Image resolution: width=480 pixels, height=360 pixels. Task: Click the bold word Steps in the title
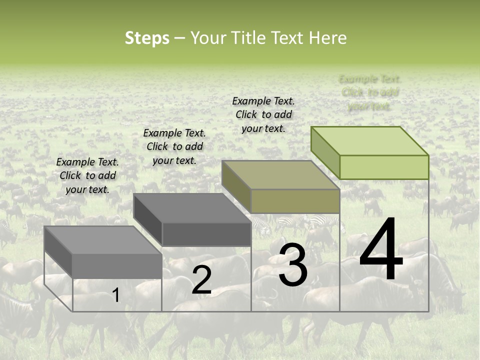(x=147, y=38)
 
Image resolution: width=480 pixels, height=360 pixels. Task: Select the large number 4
(x=381, y=250)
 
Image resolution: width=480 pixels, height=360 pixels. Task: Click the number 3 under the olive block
(x=293, y=265)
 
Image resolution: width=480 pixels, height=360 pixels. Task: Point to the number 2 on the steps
(x=201, y=280)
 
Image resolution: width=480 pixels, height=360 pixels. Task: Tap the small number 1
(x=116, y=295)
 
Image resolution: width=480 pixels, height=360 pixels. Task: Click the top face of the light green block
(x=370, y=141)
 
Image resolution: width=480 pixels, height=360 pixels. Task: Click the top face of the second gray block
(x=192, y=208)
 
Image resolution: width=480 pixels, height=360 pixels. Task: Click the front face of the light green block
(x=384, y=167)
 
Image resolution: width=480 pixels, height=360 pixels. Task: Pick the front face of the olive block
(x=295, y=201)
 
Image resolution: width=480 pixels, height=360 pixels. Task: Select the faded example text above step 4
(x=369, y=92)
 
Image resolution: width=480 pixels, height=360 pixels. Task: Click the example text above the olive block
(x=263, y=114)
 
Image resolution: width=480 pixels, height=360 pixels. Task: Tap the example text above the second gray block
(x=174, y=146)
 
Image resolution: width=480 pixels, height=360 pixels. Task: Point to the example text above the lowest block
(x=87, y=175)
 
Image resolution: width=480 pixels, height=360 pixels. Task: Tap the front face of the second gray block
(x=206, y=234)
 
